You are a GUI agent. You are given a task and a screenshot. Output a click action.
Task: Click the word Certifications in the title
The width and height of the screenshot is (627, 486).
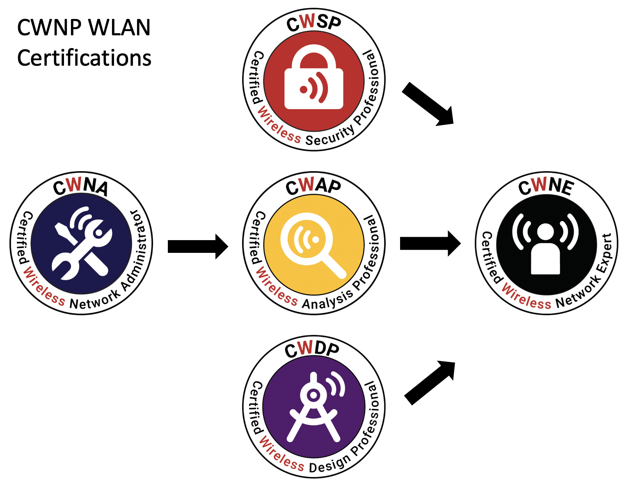click(84, 58)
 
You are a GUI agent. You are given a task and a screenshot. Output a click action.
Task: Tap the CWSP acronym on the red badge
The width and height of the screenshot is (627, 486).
click(314, 23)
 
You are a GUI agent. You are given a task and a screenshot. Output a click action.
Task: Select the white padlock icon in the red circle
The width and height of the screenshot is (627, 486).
click(314, 80)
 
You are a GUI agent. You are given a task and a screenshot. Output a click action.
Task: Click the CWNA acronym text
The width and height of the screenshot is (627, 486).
click(81, 187)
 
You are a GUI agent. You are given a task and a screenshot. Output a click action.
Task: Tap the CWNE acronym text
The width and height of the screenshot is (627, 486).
click(546, 187)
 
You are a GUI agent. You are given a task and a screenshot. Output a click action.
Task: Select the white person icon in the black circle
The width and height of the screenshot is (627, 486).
click(546, 244)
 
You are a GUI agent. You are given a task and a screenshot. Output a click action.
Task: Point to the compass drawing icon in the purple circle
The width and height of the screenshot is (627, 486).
click(314, 406)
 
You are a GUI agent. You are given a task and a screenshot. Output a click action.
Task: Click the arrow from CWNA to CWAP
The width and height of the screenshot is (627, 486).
click(198, 246)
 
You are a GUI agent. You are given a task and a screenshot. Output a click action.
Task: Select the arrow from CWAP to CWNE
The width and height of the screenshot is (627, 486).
click(430, 243)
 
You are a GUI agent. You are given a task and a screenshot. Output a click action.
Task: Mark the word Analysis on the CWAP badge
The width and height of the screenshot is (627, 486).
click(327, 300)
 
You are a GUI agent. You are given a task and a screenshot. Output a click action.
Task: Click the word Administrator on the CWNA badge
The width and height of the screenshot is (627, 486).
click(137, 250)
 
